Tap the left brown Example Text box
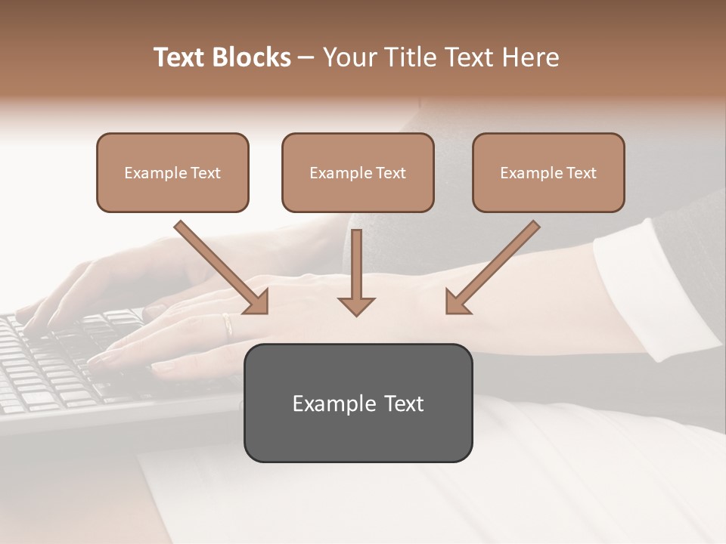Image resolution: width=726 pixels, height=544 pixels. pyautogui.click(x=172, y=172)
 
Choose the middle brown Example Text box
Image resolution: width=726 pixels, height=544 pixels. pyautogui.click(x=358, y=172)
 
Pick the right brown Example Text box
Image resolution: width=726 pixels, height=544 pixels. pyautogui.click(x=548, y=172)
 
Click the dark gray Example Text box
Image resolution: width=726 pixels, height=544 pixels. pyautogui.click(x=358, y=403)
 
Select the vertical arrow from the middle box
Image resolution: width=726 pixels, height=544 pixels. pyautogui.click(x=356, y=272)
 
